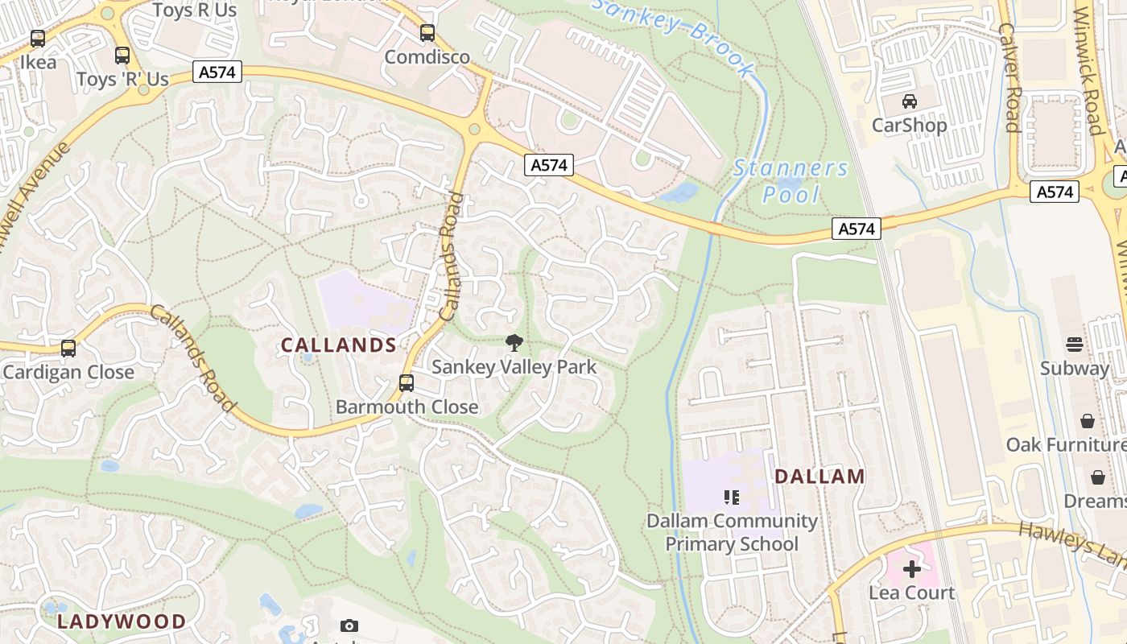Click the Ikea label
38,62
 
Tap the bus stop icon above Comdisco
427,34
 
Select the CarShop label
909,126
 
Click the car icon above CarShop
910,101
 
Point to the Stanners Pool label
791,181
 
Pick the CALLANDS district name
338,345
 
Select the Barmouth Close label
407,407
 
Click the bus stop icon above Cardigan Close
68,349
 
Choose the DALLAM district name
819,477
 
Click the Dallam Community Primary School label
732,532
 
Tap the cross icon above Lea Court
911,570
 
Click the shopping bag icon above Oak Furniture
1087,421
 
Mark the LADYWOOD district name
122,621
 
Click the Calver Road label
1009,76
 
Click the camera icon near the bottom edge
349,625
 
